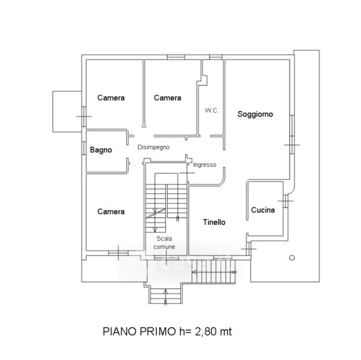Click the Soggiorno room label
click(255, 113)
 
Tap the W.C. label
click(211, 110)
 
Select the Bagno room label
click(101, 151)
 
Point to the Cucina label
click(263, 210)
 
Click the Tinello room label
click(214, 222)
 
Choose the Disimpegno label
click(154, 147)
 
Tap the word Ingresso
click(205, 164)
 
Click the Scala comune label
click(165, 242)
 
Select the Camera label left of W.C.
click(168, 98)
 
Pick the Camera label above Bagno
click(111, 98)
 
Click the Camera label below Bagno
click(111, 212)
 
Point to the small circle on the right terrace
click(292, 257)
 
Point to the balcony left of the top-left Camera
click(65, 112)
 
